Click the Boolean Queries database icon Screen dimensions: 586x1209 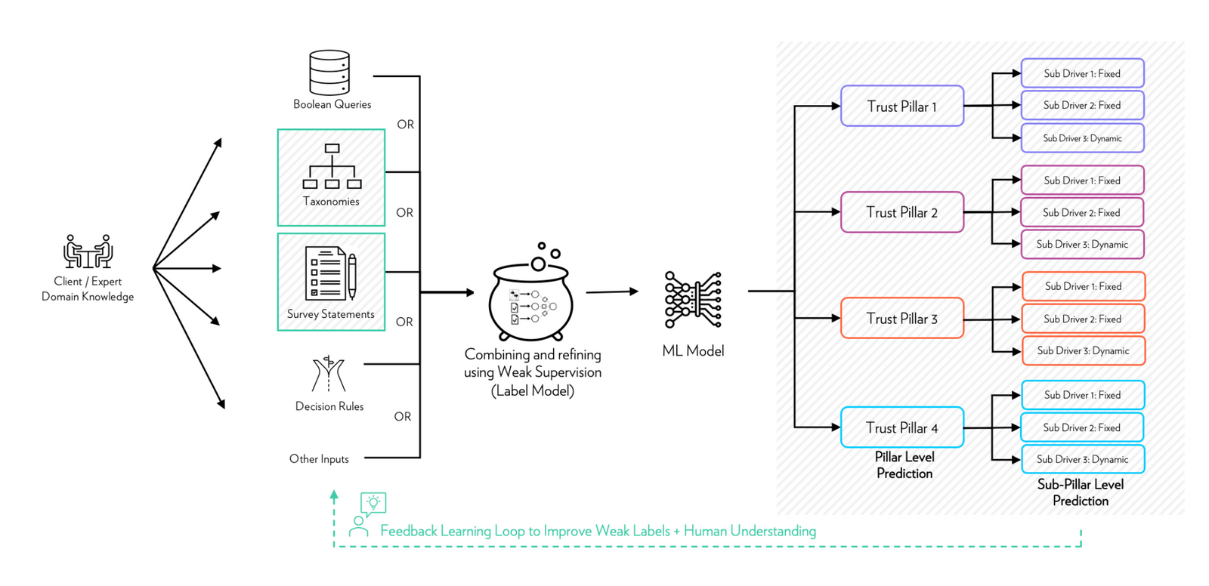[329, 72]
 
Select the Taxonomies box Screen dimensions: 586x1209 [331, 177]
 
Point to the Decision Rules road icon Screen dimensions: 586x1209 [329, 374]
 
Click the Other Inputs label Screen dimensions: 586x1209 [319, 458]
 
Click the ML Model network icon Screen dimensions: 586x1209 [693, 300]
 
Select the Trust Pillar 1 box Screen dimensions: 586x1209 [901, 106]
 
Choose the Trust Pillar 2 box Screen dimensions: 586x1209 [901, 212]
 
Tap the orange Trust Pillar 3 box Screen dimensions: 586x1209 [901, 318]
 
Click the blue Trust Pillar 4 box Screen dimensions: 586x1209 [901, 427]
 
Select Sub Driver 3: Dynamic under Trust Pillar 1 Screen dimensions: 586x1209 [1082, 138]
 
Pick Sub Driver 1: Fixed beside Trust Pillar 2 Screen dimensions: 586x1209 [1082, 180]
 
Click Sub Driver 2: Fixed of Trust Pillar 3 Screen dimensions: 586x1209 [1082, 319]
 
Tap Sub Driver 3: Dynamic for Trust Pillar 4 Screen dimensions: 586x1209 [1082, 459]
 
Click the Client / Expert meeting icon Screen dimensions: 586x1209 [88, 251]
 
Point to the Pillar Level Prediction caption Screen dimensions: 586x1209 [904, 465]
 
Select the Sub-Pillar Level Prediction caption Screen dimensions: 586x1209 [1080, 492]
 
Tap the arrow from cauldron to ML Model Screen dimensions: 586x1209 [611, 291]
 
